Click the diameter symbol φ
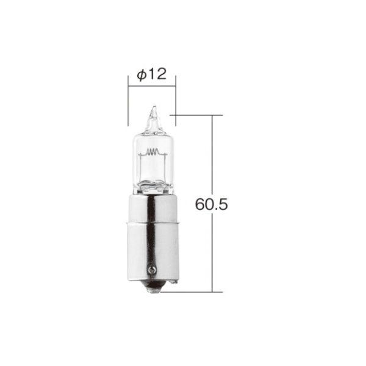pos(141,75)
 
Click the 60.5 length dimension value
pos(211,204)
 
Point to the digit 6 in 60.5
pos(199,204)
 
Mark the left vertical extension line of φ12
pos(128,101)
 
